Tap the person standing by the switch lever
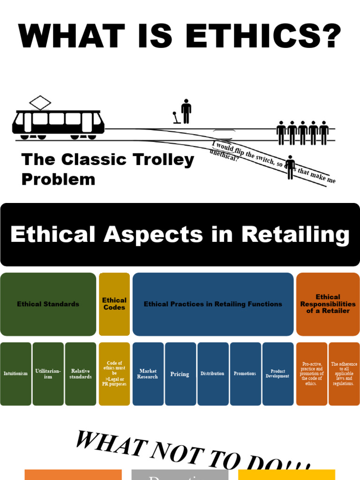tap(186, 112)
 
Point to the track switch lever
tap(177, 118)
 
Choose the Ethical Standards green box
tap(48, 304)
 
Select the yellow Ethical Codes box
tap(114, 304)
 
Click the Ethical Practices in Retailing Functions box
tap(213, 304)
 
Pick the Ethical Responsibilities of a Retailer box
tap(328, 304)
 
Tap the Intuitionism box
tap(16, 374)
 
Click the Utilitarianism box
tap(48, 374)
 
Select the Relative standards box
tap(81, 374)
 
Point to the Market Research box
tap(148, 374)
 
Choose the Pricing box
tap(180, 374)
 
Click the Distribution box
tap(212, 374)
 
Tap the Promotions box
tap(245, 374)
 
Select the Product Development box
tap(277, 374)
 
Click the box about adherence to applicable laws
tap(344, 374)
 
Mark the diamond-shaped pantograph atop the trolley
tap(40, 103)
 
